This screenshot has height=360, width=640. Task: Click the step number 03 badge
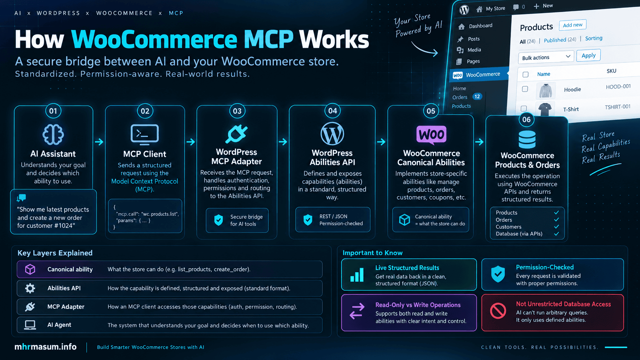(x=237, y=111)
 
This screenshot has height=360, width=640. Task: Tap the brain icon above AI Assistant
(x=53, y=134)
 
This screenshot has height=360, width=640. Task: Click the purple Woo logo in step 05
(x=431, y=134)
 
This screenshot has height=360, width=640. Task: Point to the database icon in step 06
(x=527, y=139)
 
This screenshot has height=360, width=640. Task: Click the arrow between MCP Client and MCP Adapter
(x=191, y=142)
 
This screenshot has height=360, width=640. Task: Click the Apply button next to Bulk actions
(x=588, y=55)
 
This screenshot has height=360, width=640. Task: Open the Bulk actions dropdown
(x=546, y=57)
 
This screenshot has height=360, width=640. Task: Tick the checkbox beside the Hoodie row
(x=525, y=89)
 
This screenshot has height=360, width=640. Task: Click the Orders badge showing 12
(x=477, y=96)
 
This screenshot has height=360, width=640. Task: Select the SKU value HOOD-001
(x=618, y=86)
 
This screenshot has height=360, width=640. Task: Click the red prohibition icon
(x=498, y=311)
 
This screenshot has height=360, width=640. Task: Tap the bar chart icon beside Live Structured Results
(x=357, y=275)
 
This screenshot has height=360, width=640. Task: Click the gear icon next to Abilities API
(x=30, y=288)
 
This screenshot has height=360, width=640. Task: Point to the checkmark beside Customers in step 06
(x=556, y=227)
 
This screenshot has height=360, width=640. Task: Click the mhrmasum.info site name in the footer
(x=46, y=347)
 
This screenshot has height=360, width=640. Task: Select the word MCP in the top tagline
(x=176, y=13)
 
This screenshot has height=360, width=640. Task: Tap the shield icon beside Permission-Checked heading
(x=498, y=274)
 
